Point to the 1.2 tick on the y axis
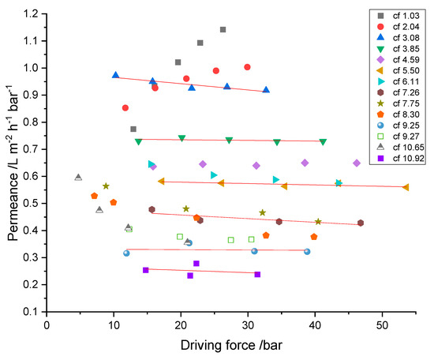click(x=34, y=13)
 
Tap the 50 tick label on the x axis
click(x=382, y=324)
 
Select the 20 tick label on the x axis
click(x=181, y=324)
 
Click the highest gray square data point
click(x=223, y=30)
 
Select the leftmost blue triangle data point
click(x=116, y=75)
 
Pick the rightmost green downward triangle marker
click(x=323, y=142)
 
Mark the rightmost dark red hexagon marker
click(x=361, y=223)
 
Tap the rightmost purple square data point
click(x=257, y=274)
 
